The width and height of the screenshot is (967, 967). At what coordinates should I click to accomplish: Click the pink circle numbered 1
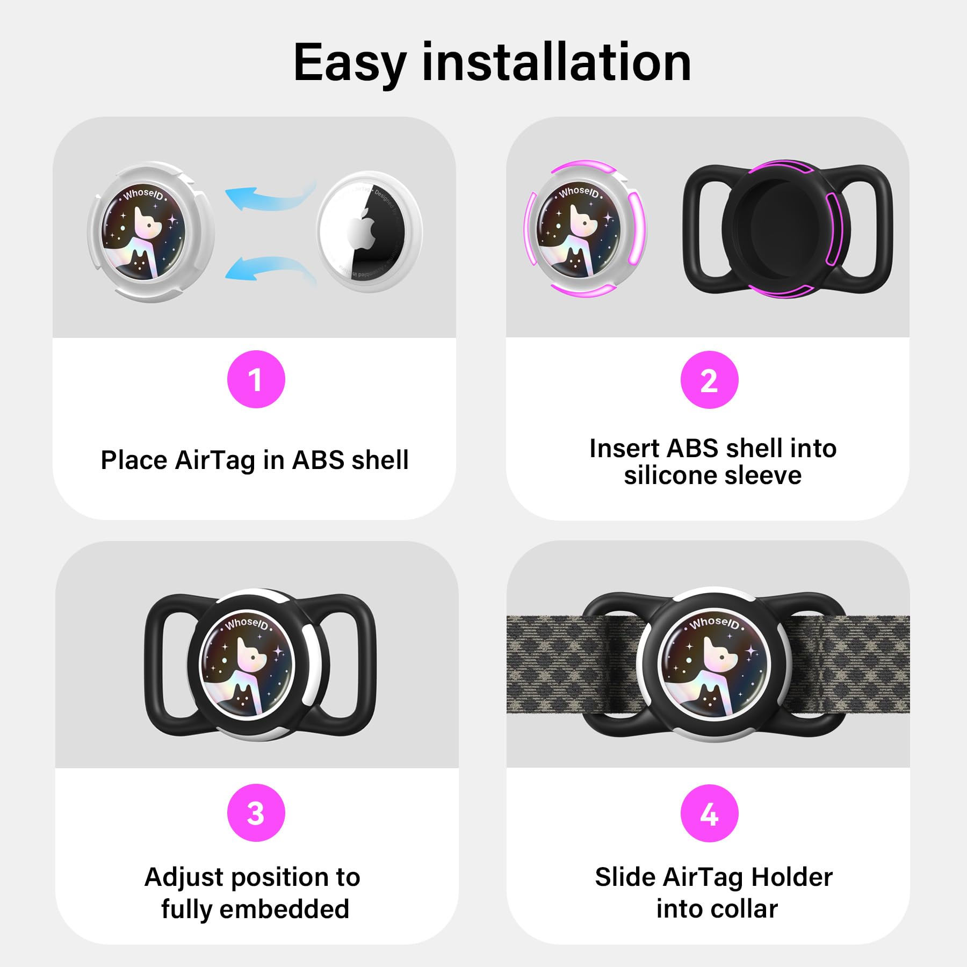[256, 379]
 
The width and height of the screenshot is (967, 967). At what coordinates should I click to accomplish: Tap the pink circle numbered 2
[709, 379]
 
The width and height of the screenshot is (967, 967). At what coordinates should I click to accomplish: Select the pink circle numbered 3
[256, 813]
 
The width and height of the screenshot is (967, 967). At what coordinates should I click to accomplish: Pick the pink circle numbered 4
[709, 813]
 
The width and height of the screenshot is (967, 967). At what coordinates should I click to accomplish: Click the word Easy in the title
[349, 63]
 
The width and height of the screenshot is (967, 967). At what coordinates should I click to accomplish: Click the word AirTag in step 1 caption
[215, 460]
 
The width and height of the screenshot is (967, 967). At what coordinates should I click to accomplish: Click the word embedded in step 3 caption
[284, 909]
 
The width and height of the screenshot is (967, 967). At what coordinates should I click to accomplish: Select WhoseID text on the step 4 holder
[714, 623]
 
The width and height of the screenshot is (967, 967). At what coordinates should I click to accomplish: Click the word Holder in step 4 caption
[792, 877]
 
